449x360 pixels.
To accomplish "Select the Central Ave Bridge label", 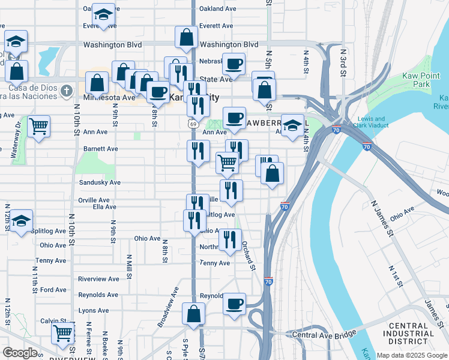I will pos(324,333).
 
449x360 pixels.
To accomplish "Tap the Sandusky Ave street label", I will pos(100,182).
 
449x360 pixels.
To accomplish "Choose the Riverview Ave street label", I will pos(98,279).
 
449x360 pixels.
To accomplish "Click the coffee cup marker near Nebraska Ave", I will pos(234,64).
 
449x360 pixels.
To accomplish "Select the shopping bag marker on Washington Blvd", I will pos(187,37).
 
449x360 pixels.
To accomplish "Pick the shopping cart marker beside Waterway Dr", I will pos(38,127).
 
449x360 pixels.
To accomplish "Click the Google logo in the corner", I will pos(20,353).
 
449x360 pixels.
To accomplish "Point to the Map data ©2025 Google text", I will pos(411,355).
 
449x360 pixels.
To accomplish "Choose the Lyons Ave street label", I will pos(94,311).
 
